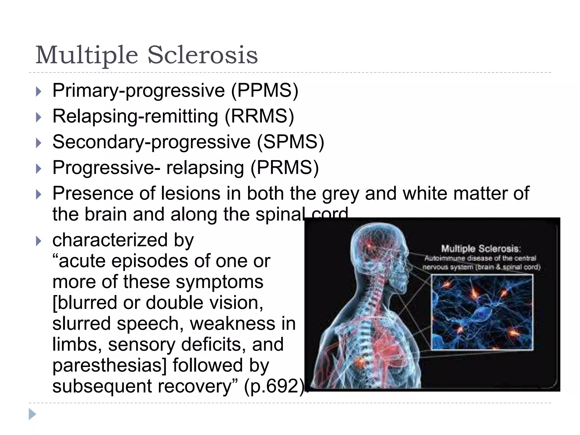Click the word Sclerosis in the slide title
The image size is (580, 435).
pos(202,55)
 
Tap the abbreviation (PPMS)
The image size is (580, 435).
pos(265,91)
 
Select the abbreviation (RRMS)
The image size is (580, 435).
pos(259,116)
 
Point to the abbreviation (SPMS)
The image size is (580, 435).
pos(291,142)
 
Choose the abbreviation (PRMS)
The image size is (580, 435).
pos(285,168)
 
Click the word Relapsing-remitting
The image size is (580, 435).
pos(135,116)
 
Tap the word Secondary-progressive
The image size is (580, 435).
pos(152,142)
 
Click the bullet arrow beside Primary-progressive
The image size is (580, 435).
pos(39,91)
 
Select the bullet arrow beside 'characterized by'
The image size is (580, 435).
pos(39,241)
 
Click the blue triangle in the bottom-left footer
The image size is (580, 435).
pos(32,414)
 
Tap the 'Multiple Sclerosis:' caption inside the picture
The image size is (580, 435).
pos(481,249)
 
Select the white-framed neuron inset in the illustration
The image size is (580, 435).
pos(482,312)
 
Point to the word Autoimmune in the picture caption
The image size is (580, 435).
pos(445,258)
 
